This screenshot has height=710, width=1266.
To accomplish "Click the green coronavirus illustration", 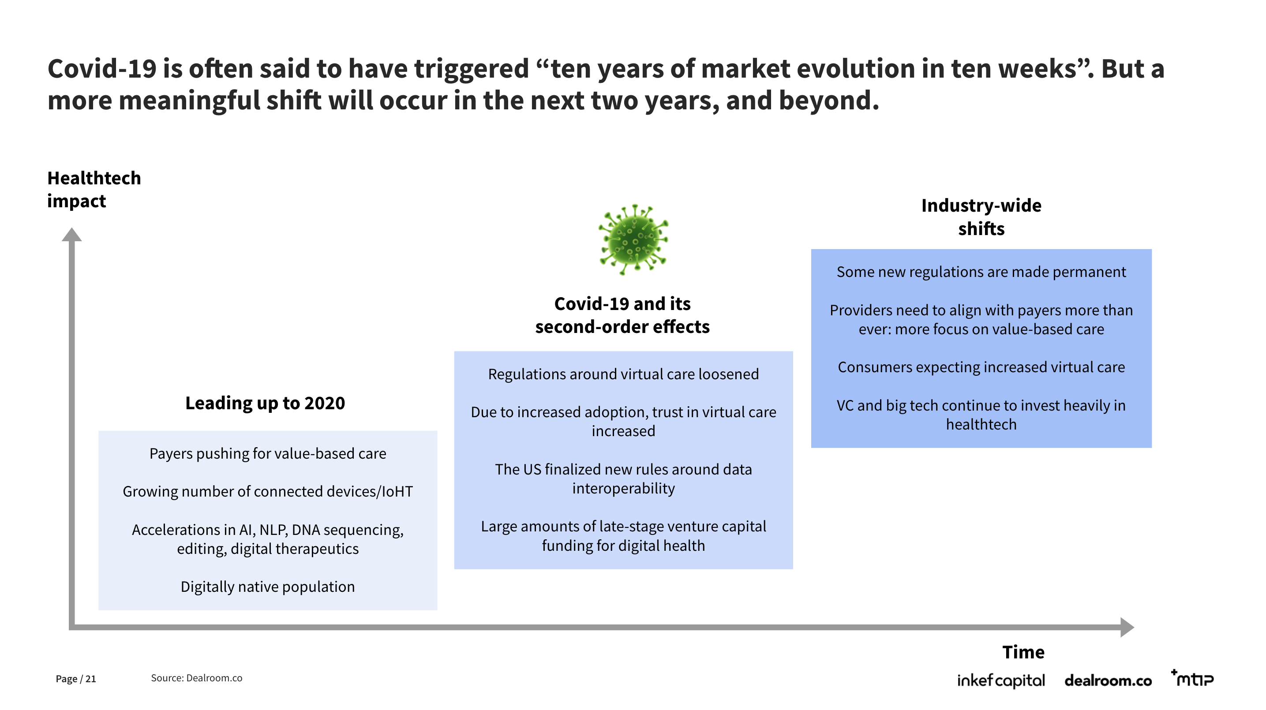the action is pos(633,239).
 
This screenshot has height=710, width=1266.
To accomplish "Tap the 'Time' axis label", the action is pos(1023,652).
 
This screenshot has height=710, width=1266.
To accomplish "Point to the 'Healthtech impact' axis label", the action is pos(94,189).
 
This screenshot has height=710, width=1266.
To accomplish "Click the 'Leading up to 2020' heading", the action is pos(265,403).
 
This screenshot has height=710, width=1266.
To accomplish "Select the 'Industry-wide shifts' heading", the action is pos(981,217).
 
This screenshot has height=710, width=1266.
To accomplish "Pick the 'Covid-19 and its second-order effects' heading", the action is pos(622,315).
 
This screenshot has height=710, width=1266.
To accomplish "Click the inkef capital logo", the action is pos(1000,680).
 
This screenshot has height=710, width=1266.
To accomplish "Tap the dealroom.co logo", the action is pos(1108,680).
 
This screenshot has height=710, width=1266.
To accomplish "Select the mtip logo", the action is pos(1192,678).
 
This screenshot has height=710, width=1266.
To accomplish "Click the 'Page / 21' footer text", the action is pos(76,679).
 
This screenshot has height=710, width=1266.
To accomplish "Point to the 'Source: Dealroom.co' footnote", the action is pos(197,678).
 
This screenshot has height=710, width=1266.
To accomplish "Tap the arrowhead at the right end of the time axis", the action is pos(1127,627).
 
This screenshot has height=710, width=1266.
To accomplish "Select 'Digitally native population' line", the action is pos(268,587).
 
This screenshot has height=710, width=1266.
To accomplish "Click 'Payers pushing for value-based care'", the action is pos(268,453).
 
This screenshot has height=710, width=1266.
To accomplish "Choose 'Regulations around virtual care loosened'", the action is pos(623,374).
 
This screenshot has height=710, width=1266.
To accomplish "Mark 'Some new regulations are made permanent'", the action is pos(981,272).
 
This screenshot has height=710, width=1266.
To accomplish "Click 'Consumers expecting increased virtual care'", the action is pos(981,367).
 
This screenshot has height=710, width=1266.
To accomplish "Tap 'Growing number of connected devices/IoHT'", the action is pos(268,491).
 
